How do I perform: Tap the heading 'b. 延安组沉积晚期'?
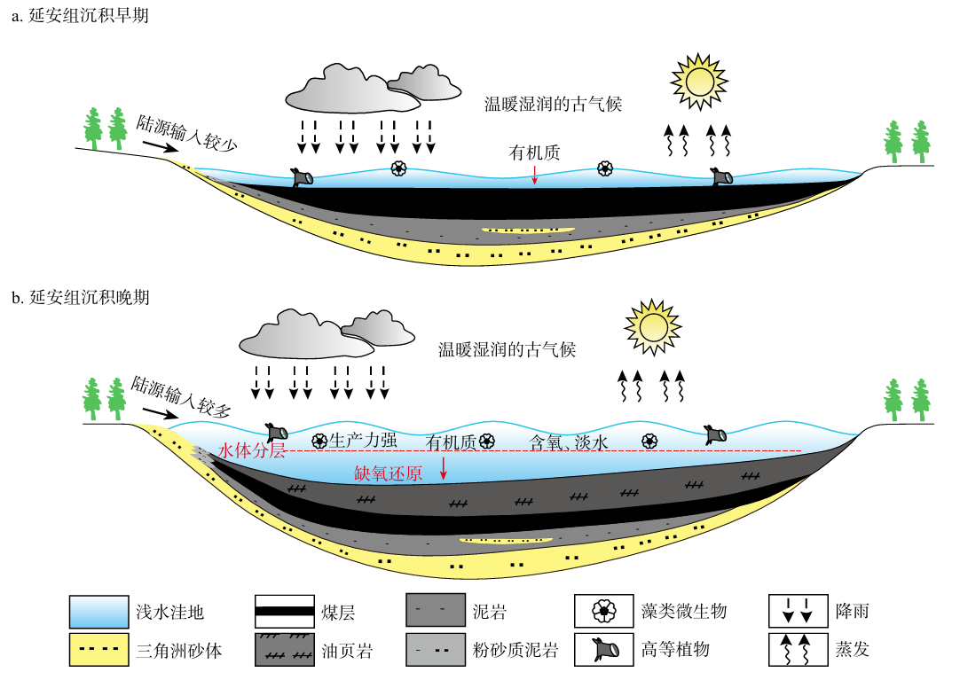click(x=79, y=296)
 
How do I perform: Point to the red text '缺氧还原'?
click(x=389, y=473)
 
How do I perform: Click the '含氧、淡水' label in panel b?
click(x=569, y=441)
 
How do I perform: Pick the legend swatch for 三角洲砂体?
click(x=99, y=650)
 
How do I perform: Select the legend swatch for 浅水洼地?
click(x=99, y=611)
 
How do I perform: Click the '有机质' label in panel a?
click(x=534, y=152)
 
